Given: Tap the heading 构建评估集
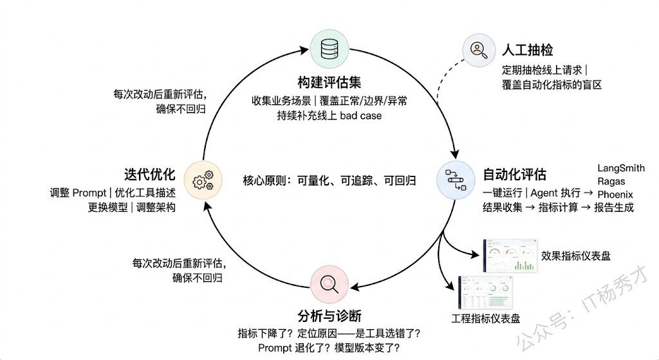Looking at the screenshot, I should click(x=329, y=82).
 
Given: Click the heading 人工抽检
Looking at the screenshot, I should click(x=527, y=50).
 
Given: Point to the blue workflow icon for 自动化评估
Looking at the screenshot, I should click(x=456, y=178).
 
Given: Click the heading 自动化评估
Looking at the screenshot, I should click(x=514, y=174).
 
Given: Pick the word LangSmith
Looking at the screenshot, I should click(x=620, y=168).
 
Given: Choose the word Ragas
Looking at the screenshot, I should click(x=611, y=181).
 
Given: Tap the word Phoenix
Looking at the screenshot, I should click(x=615, y=194).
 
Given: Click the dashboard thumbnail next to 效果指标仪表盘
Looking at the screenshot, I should click(x=510, y=256).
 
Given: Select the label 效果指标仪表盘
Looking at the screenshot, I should click(x=575, y=256).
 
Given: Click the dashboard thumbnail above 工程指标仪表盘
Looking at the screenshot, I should click(x=486, y=293).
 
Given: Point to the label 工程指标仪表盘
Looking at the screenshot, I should click(x=486, y=318).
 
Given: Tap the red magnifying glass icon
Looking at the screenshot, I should click(x=329, y=283).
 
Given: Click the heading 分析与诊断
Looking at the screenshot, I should click(x=329, y=316).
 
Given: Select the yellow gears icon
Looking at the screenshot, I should click(x=203, y=180).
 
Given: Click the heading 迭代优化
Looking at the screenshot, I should click(x=150, y=174).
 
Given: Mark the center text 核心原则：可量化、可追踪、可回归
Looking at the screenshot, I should click(x=329, y=180).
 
